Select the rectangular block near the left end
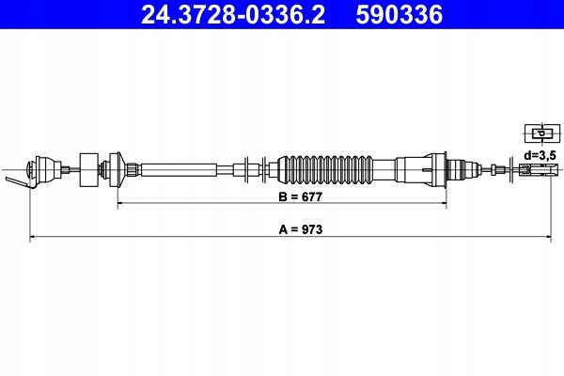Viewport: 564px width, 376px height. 90,170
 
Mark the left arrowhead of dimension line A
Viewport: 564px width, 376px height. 33,238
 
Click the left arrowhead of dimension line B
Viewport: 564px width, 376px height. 119,203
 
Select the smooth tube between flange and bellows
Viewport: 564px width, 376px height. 188,170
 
